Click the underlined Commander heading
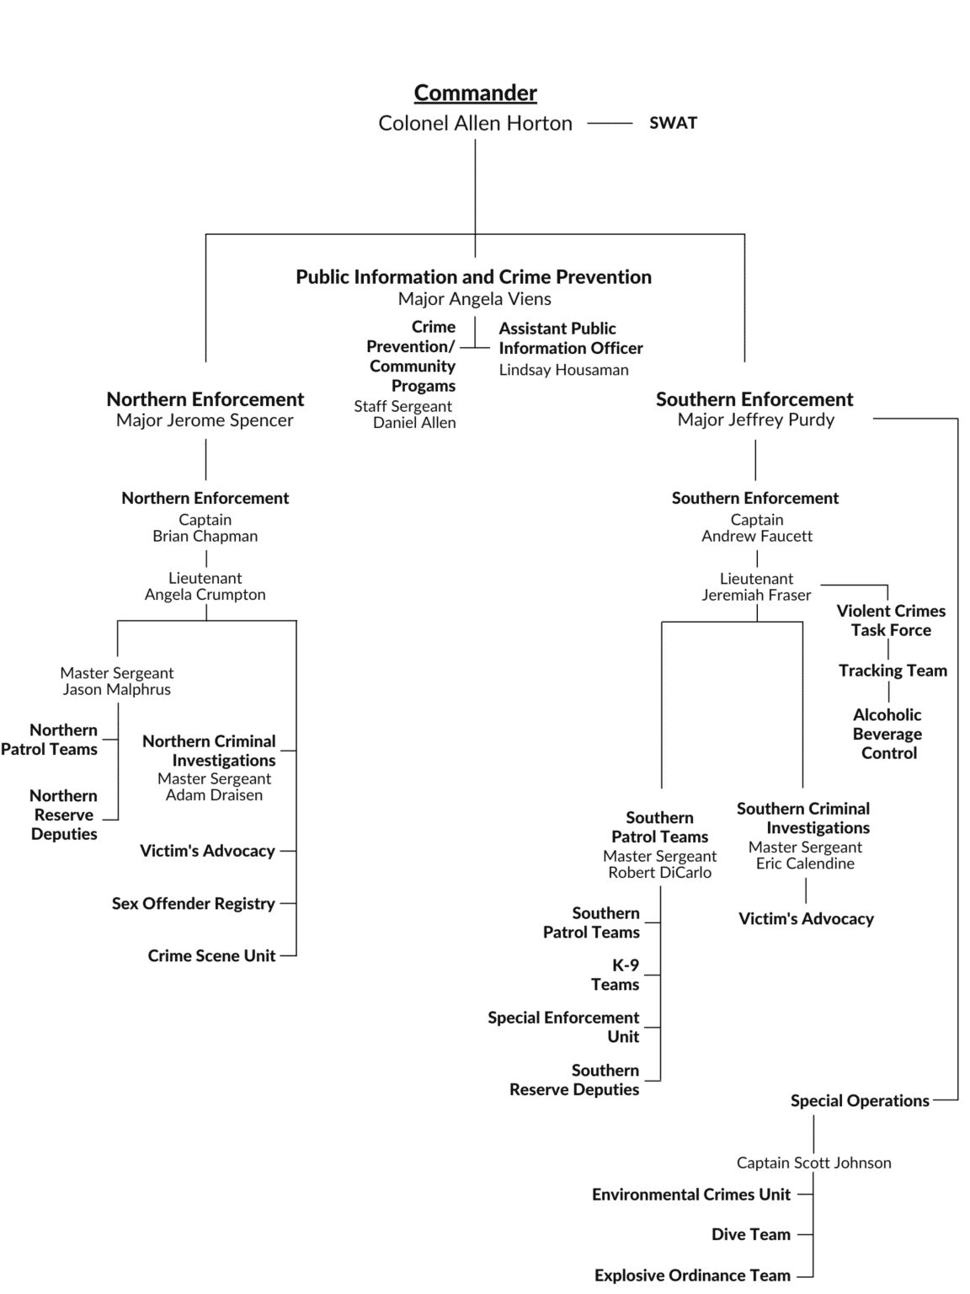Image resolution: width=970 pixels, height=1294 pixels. point(475,93)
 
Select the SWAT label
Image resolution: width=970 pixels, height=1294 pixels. point(673,123)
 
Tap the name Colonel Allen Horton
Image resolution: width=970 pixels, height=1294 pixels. point(475,123)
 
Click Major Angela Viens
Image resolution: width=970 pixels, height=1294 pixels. point(474,299)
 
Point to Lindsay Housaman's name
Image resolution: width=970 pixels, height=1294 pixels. point(563,370)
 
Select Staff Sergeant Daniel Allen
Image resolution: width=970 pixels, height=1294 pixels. point(405,414)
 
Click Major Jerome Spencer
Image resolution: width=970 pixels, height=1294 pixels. point(205,420)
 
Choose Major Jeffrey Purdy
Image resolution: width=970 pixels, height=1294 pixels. point(755,420)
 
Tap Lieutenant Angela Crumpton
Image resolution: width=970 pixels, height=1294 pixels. point(205,586)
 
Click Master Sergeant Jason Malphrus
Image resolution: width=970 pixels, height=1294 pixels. point(117,681)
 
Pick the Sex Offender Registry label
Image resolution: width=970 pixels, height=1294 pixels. point(194,904)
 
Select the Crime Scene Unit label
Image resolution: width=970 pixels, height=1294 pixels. point(211,956)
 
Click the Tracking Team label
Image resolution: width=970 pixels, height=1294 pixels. point(893,671)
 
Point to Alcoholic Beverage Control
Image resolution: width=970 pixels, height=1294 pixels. point(887,734)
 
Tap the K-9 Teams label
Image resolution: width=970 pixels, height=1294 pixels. point(616,975)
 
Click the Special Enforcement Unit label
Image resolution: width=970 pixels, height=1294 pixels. point(564,1027)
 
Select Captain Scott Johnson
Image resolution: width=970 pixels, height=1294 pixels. point(813,1163)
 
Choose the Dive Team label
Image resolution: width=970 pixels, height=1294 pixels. point(751,1235)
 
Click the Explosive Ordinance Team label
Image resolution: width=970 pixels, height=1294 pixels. point(692,1275)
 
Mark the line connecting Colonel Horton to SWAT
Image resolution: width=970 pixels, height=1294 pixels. point(610,123)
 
